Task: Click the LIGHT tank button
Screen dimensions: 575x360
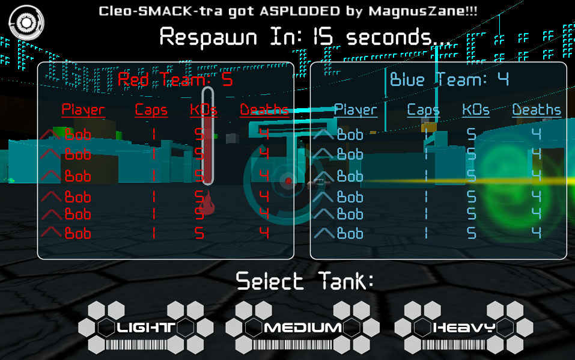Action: [146, 328]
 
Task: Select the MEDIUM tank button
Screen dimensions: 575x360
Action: [303, 328]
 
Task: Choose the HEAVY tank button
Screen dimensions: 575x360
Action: [464, 328]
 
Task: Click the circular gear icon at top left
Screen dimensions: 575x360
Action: [26, 23]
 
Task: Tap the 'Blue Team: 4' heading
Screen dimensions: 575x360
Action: [449, 79]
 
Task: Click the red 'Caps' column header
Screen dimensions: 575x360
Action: [151, 110]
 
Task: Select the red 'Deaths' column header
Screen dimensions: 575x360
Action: [264, 110]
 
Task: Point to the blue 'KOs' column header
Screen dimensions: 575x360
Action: [476, 110]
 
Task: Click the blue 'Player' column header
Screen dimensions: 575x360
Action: [355, 110]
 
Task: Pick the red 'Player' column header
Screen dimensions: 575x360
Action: [84, 110]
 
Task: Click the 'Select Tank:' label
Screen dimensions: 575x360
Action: [305, 281]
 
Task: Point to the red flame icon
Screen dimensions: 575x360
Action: [208, 203]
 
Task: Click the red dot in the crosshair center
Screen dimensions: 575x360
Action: [288, 180]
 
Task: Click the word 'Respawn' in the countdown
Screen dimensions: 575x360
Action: [208, 37]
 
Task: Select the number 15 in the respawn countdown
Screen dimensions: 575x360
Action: [323, 37]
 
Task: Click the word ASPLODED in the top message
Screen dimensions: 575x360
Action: [300, 11]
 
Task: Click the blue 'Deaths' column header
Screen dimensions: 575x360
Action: [537, 110]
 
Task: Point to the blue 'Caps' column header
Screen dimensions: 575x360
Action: [423, 110]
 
